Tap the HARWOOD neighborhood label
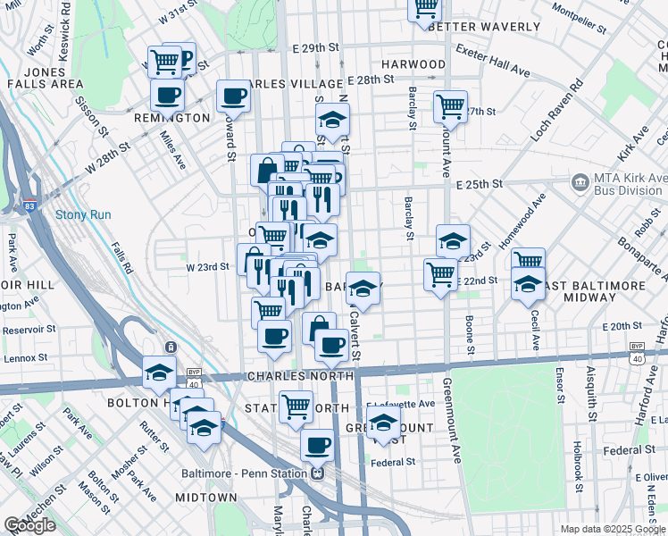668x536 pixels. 413,64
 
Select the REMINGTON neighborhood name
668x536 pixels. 171,117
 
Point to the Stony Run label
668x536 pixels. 83,214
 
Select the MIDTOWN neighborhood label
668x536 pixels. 206,498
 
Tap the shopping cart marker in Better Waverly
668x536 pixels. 424,9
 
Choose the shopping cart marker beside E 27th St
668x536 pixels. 450,106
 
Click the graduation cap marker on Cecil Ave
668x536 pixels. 528,285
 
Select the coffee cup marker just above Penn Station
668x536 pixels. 316,444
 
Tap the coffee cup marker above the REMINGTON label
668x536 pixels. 167,94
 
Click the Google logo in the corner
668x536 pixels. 29,525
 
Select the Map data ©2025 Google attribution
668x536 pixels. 613,529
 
